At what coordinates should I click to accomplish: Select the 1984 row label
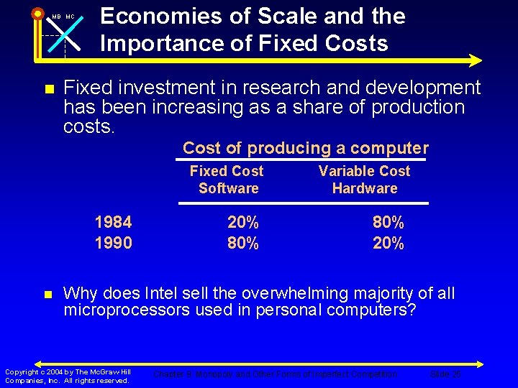point(113,222)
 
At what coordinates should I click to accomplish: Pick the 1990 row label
point(113,243)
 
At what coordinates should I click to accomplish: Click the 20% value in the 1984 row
point(242,222)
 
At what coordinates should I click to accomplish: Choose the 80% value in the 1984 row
point(388,222)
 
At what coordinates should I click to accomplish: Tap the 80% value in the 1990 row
point(242,243)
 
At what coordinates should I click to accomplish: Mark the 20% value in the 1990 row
point(388,243)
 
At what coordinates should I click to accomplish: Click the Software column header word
point(228,188)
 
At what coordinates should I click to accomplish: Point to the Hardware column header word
point(365,188)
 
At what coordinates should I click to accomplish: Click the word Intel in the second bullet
point(165,293)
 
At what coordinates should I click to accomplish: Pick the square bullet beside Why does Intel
point(48,295)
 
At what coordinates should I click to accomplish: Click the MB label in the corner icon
point(55,17)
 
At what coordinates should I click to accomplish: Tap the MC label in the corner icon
point(70,17)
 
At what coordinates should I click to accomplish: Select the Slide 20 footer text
point(445,374)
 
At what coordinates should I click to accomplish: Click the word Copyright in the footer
point(22,371)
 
